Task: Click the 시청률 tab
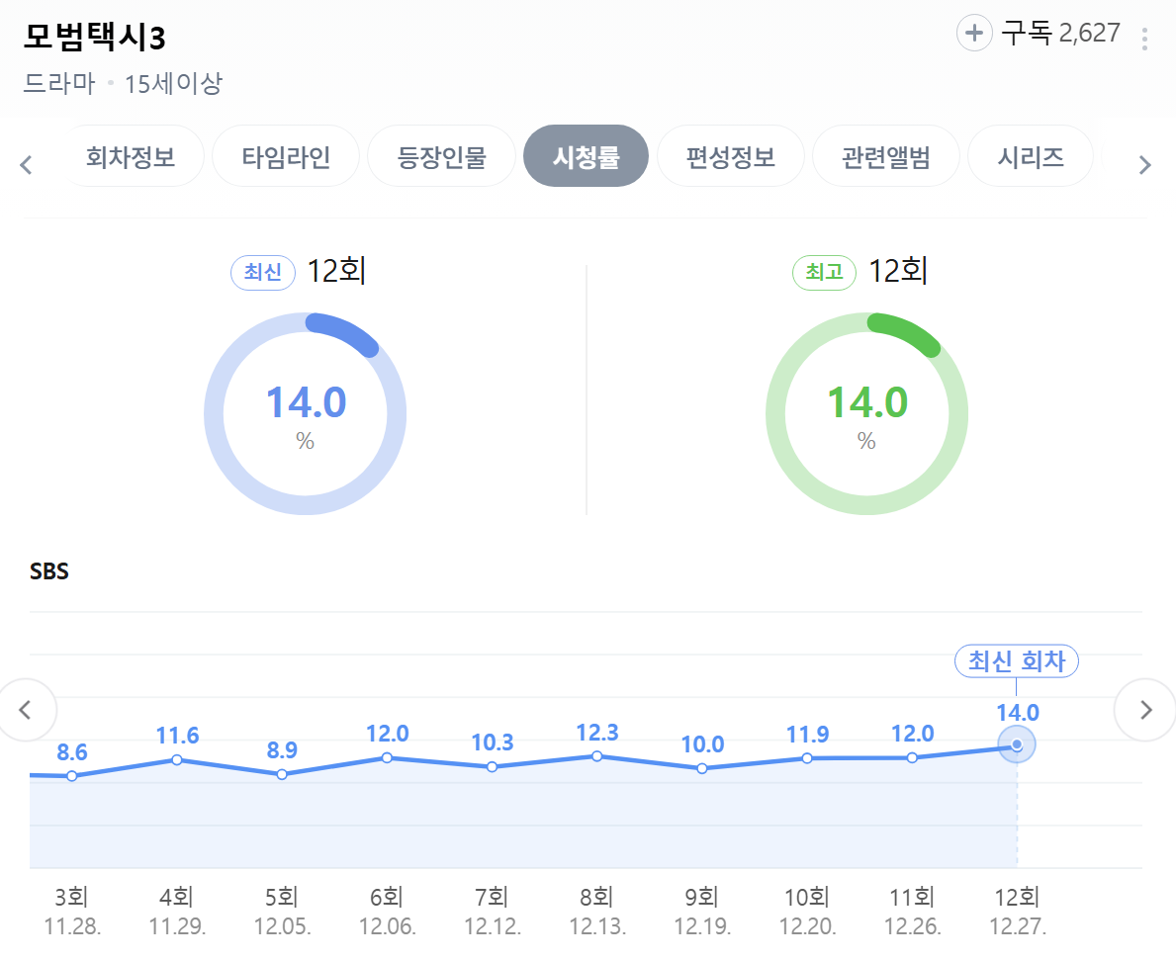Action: [586, 156]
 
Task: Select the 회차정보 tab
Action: [132, 156]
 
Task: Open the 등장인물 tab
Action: [441, 156]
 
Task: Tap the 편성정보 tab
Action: [730, 156]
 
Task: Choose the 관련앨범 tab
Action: [885, 156]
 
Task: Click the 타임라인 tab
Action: [286, 156]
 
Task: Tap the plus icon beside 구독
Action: [974, 34]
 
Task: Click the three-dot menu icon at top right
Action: [1144, 39]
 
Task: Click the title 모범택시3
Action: [94, 38]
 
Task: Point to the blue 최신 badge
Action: [263, 272]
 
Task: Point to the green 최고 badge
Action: [824, 272]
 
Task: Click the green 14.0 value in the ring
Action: [866, 402]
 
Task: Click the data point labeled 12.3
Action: [597, 756]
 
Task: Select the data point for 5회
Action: [282, 774]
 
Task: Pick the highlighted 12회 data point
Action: [1017, 744]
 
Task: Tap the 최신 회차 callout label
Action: [1016, 661]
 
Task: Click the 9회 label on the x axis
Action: [701, 898]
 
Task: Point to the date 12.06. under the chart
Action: [387, 927]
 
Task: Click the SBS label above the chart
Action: [49, 571]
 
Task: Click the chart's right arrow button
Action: [1145, 709]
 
